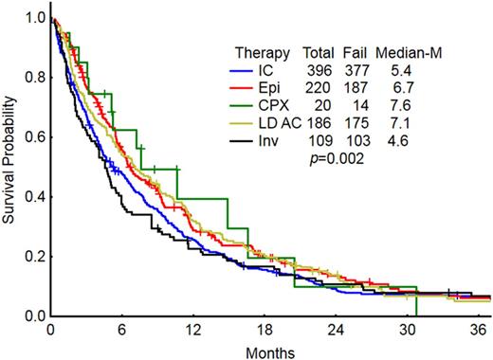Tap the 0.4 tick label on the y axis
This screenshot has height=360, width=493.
[36, 196]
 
